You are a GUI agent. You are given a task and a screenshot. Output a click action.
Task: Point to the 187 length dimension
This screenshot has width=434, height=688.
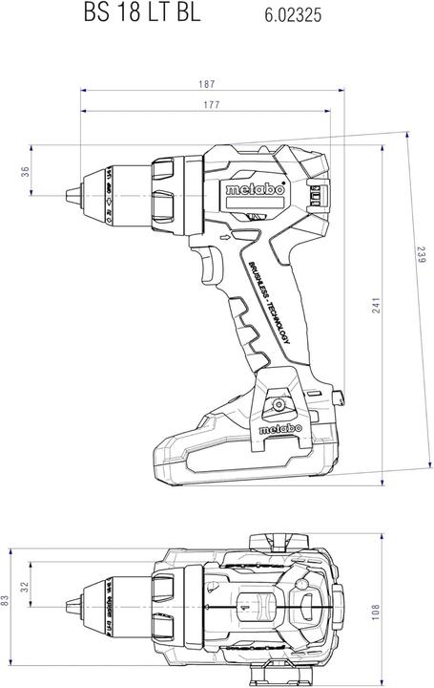[x=209, y=85]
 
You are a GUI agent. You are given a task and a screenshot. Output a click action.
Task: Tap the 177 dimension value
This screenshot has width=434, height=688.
[x=209, y=105]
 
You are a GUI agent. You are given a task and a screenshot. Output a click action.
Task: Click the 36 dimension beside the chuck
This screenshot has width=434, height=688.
[x=26, y=171]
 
